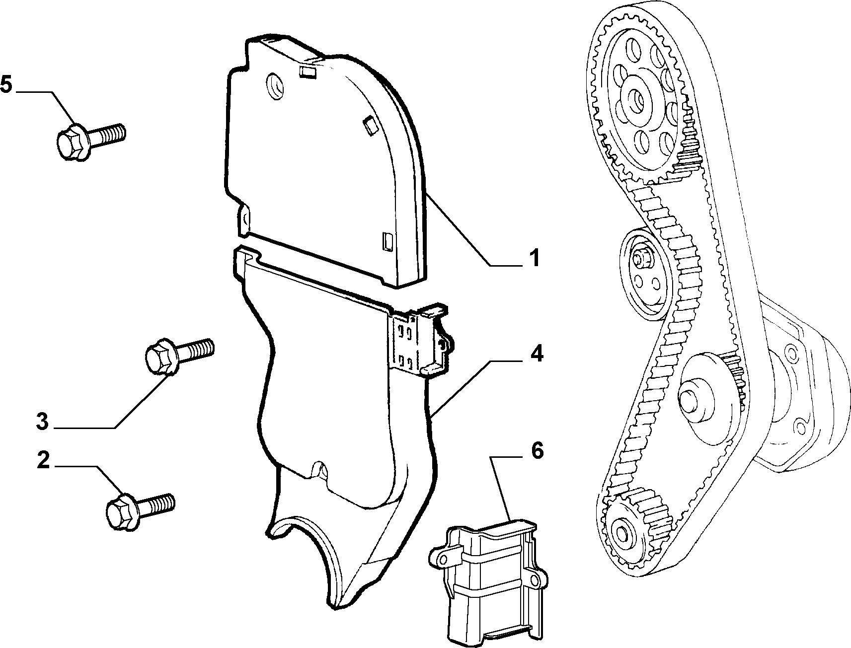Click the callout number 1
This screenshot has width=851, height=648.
pos(533,259)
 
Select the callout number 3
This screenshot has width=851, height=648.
pos(42,422)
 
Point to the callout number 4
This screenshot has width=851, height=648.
pos(537,354)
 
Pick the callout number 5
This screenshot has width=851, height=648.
pos(6,85)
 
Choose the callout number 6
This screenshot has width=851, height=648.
pos(537,450)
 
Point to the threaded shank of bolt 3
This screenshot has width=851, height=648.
pos(196,348)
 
